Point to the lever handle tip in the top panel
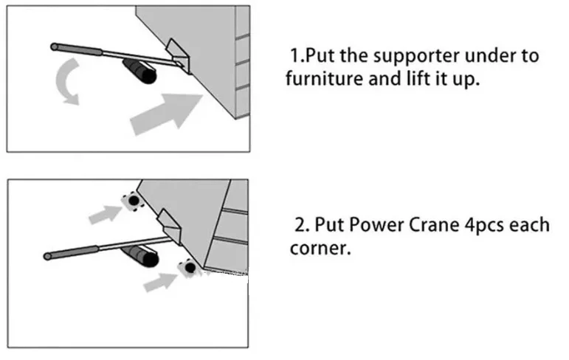tap(55, 47)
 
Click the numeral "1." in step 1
tap(297, 56)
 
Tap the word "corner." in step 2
tap(319, 249)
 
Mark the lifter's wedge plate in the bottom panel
tap(169, 224)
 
